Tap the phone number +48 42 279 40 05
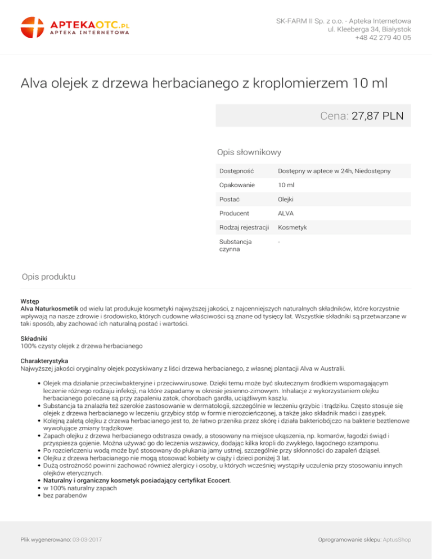tap(382, 38)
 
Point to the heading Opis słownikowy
tap(249, 152)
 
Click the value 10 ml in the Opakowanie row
tap(286, 185)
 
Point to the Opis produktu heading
tap(48, 277)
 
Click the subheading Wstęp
tap(29, 301)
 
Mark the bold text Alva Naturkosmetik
tap(49, 308)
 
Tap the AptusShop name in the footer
tap(397, 539)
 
